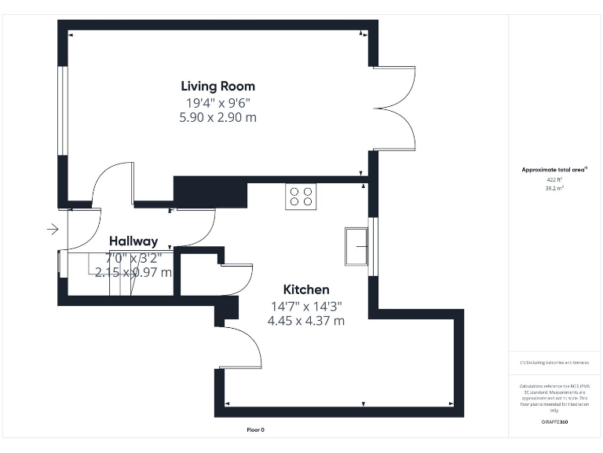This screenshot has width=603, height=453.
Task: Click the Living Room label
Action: tap(217, 87)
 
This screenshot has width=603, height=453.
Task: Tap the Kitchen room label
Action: tap(306, 289)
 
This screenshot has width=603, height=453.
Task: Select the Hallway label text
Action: tap(133, 241)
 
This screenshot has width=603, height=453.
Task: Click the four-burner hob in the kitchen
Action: tap(301, 195)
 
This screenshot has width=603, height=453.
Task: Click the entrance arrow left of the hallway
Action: tap(53, 230)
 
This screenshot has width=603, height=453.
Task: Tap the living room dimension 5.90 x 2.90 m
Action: tap(217, 117)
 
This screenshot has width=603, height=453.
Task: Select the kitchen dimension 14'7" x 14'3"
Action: tap(306, 306)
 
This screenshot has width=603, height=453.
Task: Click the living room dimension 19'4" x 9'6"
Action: tap(217, 102)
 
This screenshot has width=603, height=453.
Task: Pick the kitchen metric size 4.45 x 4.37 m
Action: tap(306, 321)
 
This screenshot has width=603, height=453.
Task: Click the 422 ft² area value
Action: tap(554, 180)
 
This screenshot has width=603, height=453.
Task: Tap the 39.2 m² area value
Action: tap(554, 189)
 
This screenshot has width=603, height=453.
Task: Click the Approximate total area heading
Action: tap(554, 170)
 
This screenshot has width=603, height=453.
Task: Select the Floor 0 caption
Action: tap(256, 430)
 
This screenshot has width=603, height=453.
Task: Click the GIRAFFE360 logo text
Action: tap(554, 422)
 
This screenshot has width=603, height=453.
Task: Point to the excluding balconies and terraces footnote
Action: tap(554, 363)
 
